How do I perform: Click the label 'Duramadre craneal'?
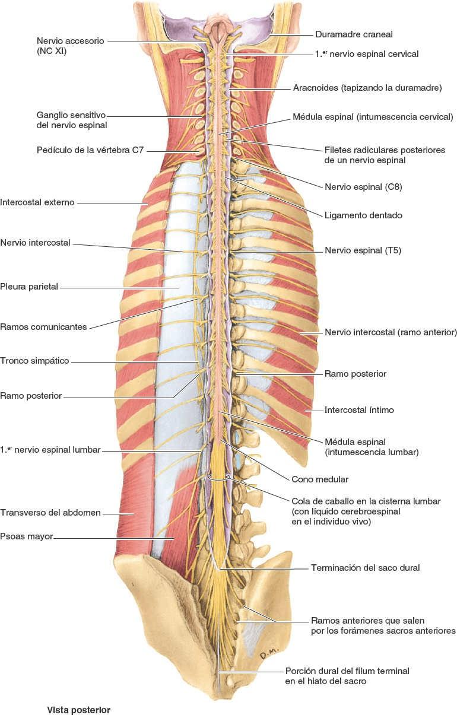pyautogui.click(x=354, y=34)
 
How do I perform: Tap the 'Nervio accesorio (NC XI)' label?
pyautogui.click(x=70, y=46)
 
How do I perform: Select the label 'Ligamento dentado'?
pyautogui.click(x=363, y=215)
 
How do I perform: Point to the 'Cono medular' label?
pyautogui.click(x=320, y=479)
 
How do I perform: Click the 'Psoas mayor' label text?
pyautogui.click(x=27, y=536)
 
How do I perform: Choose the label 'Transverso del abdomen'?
pyautogui.click(x=50, y=513)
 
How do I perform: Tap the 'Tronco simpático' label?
pyautogui.click(x=34, y=361)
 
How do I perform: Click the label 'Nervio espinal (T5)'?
pyautogui.click(x=363, y=250)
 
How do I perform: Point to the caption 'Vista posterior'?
pyautogui.click(x=79, y=709)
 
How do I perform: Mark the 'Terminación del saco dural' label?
pyautogui.click(x=365, y=568)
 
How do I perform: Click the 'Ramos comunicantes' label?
pyautogui.click(x=43, y=326)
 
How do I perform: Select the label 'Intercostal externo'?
pyautogui.click(x=37, y=202)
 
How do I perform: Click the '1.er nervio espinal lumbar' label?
pyautogui.click(x=50, y=450)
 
